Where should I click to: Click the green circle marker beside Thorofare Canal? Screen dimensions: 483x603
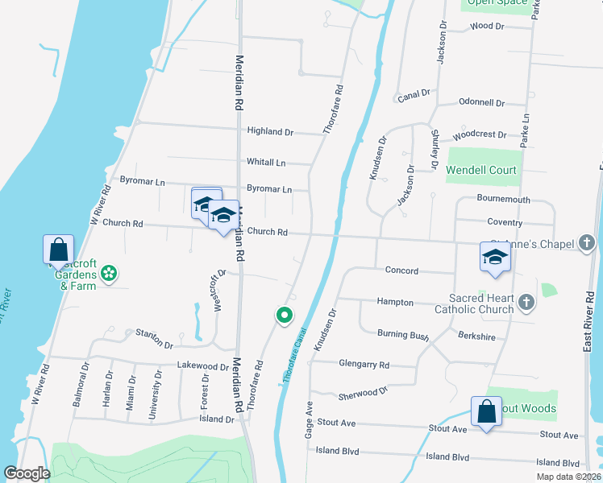point(284,316)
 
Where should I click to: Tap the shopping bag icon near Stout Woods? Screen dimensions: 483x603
point(487,412)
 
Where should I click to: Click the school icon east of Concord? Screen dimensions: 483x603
point(495,257)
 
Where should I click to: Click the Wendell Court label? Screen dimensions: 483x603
point(484,171)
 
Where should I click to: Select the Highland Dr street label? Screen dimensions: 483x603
point(270,131)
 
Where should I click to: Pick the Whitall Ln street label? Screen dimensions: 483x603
point(266,163)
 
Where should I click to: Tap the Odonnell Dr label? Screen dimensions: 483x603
point(481,103)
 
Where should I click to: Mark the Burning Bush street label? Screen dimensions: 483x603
point(403,333)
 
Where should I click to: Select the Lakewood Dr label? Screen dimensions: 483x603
point(202,366)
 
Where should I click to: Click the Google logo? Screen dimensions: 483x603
point(27,473)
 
